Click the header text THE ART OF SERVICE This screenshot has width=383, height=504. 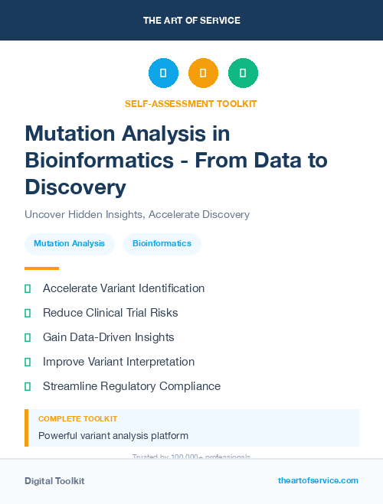pos(191,21)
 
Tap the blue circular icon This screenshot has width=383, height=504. pos(163,73)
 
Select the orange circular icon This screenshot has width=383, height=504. pos(203,73)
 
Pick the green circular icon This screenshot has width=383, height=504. pos(243,73)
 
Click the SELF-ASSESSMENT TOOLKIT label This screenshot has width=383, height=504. pos(191,103)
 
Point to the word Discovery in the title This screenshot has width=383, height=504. pos(75,187)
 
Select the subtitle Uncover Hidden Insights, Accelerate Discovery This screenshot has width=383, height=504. pos(137,214)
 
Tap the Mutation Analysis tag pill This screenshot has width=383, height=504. pos(70,243)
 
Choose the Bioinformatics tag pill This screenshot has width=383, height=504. pos(162,243)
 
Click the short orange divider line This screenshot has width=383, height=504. pos(41,268)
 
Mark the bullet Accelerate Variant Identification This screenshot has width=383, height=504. pos(123,288)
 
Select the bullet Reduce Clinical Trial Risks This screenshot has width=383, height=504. pos(110,313)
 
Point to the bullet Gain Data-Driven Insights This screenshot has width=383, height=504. pos(109,337)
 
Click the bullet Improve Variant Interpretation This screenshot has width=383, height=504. pos(119,362)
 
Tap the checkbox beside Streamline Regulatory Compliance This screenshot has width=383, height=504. pos(28,386)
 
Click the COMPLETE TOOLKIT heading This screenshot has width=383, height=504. pos(77,419)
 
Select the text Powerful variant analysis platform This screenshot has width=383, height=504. pos(113,436)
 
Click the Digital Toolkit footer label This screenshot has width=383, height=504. pos(54,481)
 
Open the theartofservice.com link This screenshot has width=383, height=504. pos(318,480)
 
